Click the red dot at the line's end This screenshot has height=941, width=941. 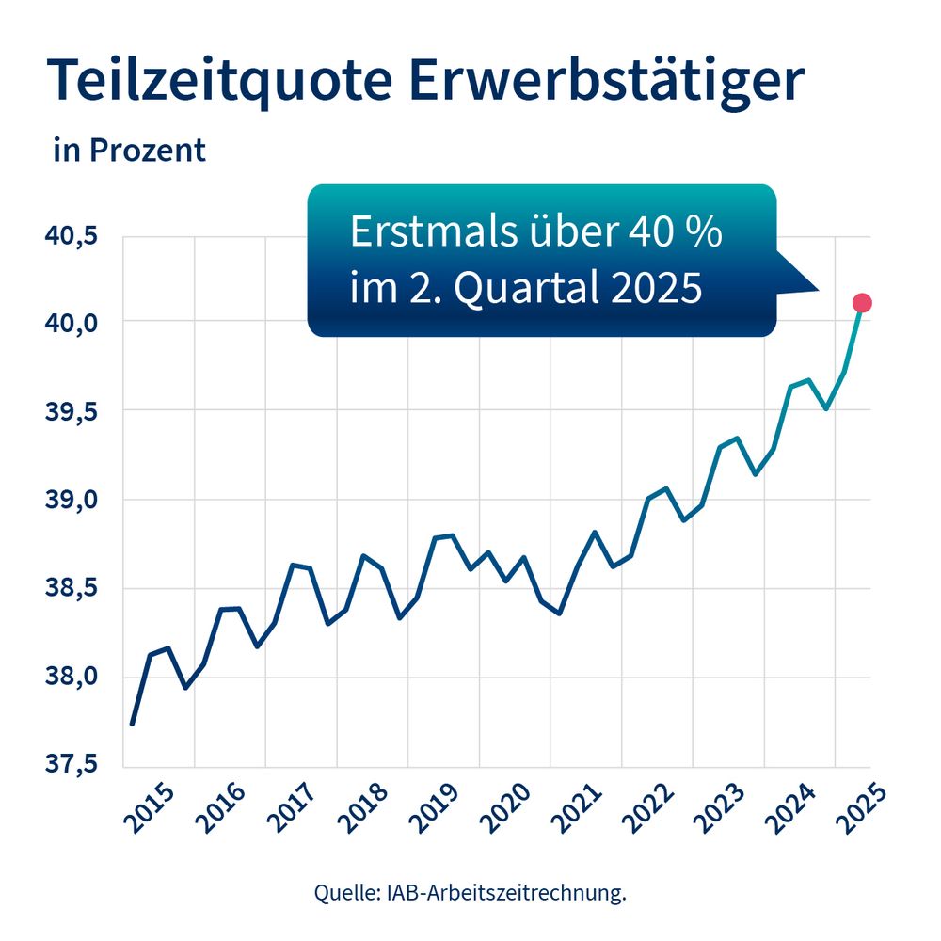[x=861, y=302]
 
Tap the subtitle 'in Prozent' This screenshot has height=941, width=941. [x=129, y=151]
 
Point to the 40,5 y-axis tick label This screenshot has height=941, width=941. [x=72, y=234]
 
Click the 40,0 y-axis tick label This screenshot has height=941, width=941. [x=72, y=323]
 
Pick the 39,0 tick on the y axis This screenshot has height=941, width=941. [x=72, y=500]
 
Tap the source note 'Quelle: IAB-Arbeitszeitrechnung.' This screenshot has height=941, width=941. [x=470, y=893]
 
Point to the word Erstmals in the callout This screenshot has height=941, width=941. [x=424, y=231]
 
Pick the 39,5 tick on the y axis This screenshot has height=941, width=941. [x=72, y=411]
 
